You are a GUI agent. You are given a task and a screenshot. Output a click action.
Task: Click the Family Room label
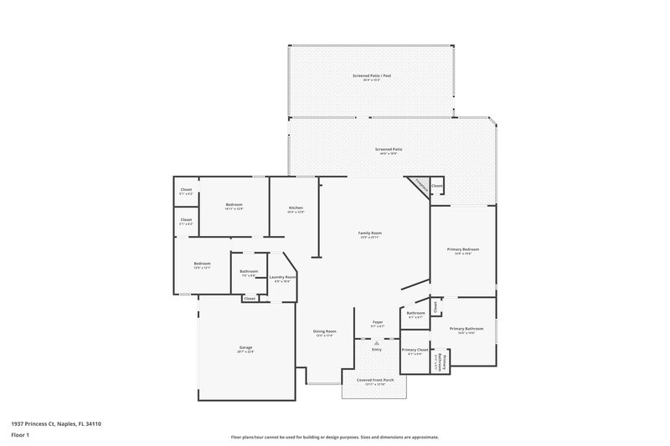[370, 233]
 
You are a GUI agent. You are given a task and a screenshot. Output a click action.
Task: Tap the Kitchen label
[296, 208]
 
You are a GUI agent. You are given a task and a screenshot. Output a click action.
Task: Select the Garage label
[246, 347]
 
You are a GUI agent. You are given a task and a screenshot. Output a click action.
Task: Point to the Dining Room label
[325, 331]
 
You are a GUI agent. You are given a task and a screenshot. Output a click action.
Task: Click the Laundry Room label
[282, 277]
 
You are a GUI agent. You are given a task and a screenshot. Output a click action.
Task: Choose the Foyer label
[377, 322]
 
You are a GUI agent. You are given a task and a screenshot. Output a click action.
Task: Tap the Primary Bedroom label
[465, 249]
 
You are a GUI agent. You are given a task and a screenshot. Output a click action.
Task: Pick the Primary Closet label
[415, 350]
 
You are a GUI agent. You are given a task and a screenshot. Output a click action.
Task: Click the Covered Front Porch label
[375, 380]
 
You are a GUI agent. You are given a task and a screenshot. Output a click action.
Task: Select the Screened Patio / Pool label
[371, 76]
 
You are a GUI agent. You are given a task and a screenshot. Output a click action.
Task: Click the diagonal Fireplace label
[419, 186]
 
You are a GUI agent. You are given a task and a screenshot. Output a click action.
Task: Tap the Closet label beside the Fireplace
[436, 186]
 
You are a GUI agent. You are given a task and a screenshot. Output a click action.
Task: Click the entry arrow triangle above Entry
[377, 342]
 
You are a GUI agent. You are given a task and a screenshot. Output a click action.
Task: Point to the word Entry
[377, 349]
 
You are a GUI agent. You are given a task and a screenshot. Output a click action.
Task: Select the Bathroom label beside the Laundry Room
[249, 271]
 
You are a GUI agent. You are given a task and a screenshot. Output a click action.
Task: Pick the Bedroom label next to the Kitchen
[234, 205]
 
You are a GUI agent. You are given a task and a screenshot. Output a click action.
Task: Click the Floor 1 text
[19, 436]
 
